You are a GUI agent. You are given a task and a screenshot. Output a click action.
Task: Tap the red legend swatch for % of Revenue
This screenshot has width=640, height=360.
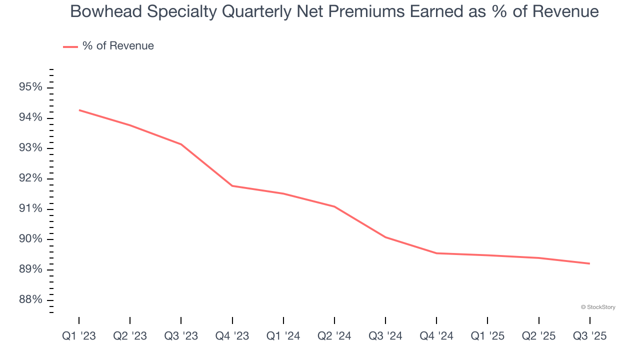click(x=70, y=46)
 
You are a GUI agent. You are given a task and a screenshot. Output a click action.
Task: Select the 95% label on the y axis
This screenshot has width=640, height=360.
click(x=30, y=87)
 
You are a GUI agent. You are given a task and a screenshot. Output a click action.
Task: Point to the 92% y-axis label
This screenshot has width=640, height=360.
click(x=30, y=178)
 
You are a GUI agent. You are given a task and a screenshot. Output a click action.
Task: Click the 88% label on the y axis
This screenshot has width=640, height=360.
click(x=30, y=299)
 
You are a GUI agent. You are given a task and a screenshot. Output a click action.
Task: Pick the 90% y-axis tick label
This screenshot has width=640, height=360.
click(x=30, y=239)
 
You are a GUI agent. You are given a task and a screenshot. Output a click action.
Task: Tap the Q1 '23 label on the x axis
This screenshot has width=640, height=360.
click(x=79, y=336)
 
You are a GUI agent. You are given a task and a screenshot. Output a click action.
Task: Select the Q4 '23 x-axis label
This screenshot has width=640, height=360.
click(x=232, y=336)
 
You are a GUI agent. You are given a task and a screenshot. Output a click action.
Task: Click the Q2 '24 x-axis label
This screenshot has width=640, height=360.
click(x=334, y=336)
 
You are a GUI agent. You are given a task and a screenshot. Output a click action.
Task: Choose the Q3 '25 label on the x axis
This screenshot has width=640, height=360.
click(x=589, y=336)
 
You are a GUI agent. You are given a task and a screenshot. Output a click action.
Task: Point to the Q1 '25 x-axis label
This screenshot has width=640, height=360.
click(x=487, y=336)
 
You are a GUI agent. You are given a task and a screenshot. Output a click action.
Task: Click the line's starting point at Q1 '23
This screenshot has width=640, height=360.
click(x=79, y=110)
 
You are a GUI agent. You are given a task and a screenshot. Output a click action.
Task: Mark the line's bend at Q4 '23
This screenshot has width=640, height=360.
click(x=232, y=186)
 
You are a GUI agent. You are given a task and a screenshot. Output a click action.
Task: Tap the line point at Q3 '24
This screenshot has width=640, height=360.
click(x=385, y=237)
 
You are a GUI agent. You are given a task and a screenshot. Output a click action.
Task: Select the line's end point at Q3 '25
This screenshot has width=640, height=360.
click(x=589, y=263)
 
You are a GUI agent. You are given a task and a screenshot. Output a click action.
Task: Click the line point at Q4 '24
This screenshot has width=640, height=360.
click(x=436, y=253)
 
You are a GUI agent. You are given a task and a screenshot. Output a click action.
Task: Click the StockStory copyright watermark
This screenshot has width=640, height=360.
click(x=598, y=307)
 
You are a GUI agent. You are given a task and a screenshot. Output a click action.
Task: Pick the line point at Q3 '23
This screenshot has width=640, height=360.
click(x=181, y=144)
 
